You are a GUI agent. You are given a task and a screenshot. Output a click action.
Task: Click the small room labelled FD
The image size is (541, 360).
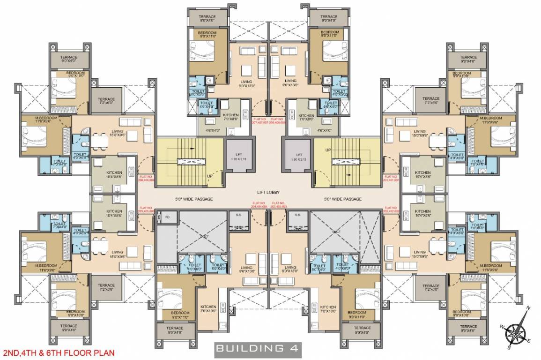pos(167,217)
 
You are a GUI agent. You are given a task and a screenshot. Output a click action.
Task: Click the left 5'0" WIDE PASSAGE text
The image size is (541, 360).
pos(194,199)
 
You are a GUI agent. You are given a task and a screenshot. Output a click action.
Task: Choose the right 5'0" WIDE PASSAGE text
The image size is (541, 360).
pos(343,199)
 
